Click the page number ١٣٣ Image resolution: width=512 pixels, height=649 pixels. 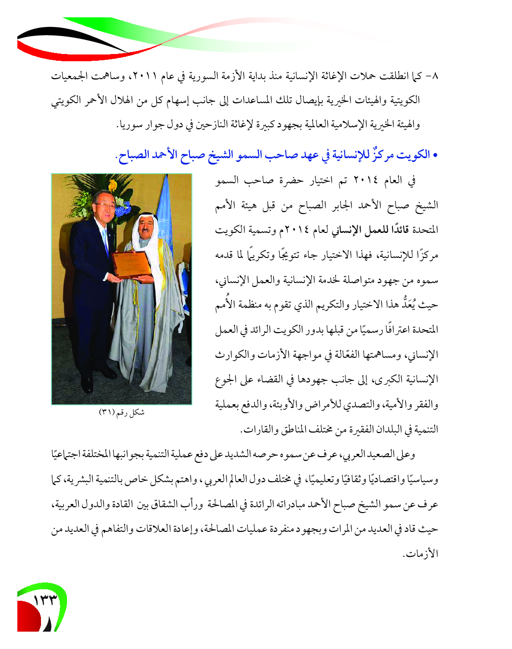45,600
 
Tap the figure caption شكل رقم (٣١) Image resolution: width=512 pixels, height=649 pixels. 121,412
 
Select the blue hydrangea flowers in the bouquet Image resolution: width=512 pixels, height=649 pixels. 123,208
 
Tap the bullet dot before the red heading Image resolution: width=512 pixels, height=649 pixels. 435,155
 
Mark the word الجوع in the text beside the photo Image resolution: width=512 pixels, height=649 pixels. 225,379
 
